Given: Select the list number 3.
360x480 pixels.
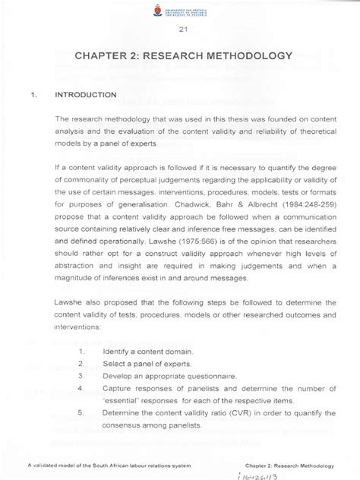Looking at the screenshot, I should tap(80, 376).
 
